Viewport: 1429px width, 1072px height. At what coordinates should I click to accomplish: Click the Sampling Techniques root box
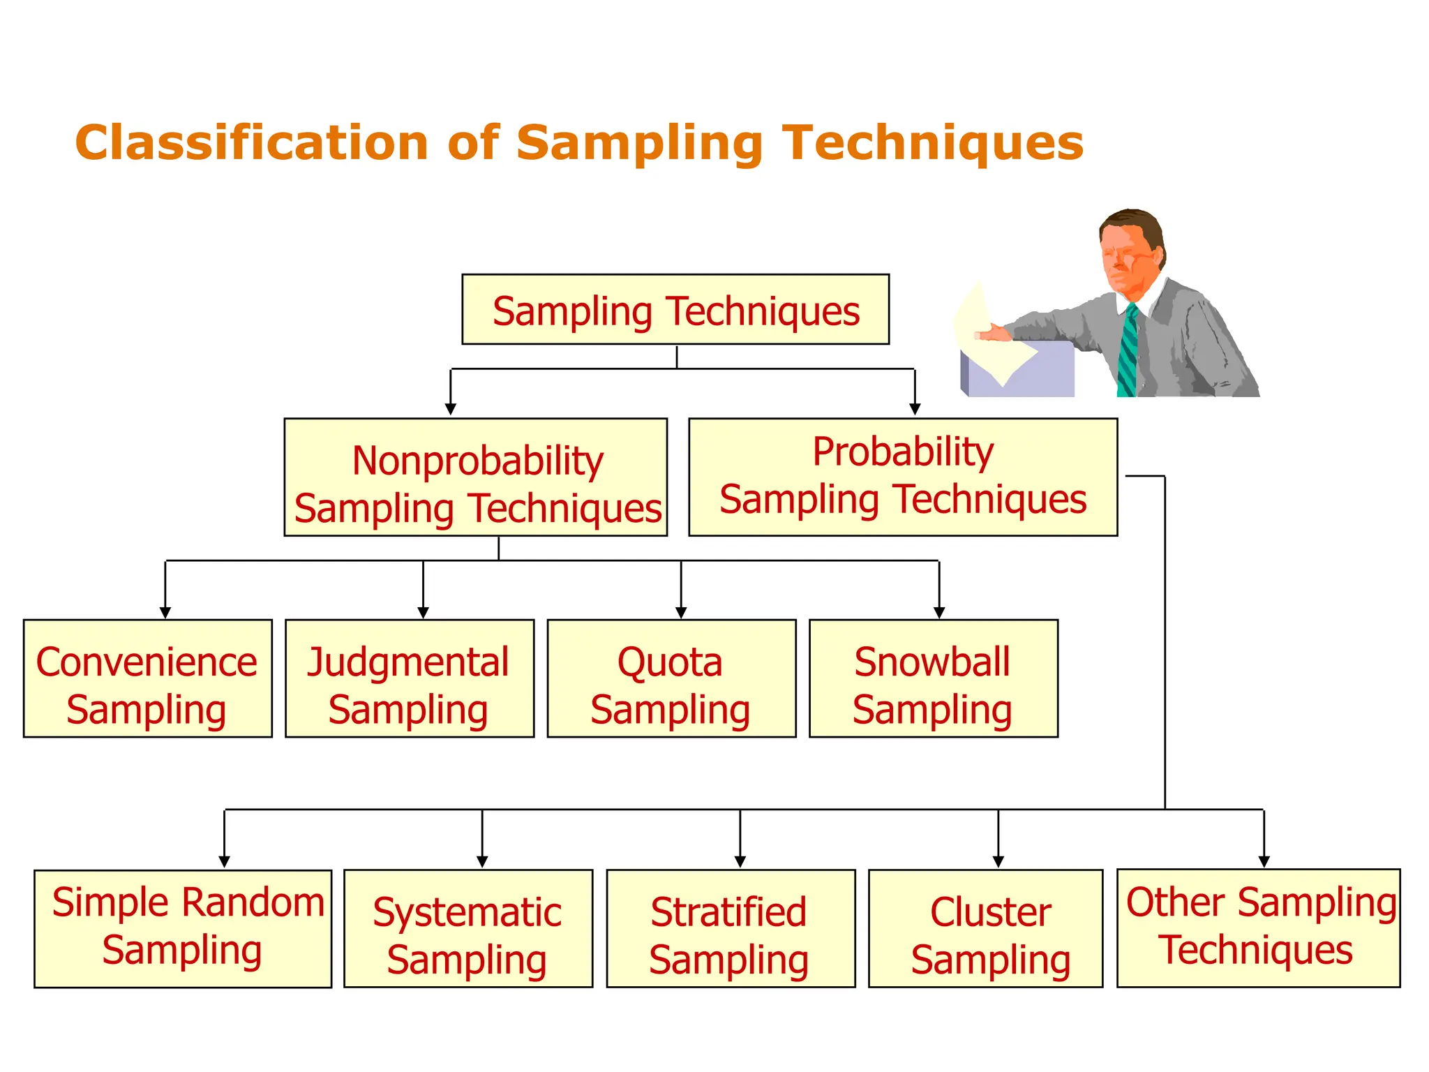[675, 309]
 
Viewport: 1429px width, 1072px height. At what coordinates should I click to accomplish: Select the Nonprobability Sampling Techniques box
[476, 477]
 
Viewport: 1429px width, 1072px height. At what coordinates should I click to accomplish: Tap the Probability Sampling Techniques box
[903, 477]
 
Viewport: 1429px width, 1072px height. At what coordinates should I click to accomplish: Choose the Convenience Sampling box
[147, 678]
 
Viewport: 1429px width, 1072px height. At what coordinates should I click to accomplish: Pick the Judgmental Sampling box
[410, 678]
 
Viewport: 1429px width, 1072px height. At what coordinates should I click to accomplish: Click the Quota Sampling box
[671, 678]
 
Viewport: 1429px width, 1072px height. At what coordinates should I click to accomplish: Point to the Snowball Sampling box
[933, 678]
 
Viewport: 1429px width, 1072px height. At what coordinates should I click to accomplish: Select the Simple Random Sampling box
[183, 928]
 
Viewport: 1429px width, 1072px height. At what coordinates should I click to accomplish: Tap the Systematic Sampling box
[468, 928]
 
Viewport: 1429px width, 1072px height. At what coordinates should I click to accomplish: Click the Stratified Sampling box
[731, 928]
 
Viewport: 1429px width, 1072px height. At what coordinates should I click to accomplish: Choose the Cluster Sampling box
[985, 928]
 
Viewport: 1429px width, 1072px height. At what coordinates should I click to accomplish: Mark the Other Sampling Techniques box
[1258, 928]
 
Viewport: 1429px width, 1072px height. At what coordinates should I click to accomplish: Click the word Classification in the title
[251, 143]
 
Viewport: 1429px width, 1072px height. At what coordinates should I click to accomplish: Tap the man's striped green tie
[1127, 352]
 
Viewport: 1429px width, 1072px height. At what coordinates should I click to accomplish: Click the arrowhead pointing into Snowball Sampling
[939, 613]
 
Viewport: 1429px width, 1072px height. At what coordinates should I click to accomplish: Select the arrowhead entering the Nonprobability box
[451, 409]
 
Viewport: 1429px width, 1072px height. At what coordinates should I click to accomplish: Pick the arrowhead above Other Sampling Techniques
[1264, 862]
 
